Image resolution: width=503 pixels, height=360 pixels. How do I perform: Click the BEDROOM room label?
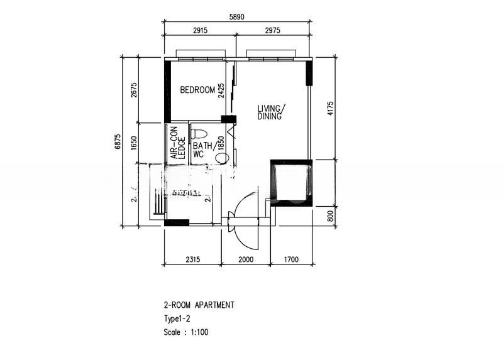pyautogui.click(x=197, y=90)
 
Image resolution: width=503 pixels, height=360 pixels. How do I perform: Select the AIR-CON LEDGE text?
pyautogui.click(x=177, y=143)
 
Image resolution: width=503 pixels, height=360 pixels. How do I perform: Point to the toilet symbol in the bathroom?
pyautogui.click(x=199, y=134)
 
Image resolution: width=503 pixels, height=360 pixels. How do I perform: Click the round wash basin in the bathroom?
pyautogui.click(x=221, y=157)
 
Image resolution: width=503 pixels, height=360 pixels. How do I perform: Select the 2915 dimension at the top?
pyautogui.click(x=200, y=30)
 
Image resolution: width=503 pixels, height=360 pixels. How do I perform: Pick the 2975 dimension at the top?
pyautogui.click(x=274, y=30)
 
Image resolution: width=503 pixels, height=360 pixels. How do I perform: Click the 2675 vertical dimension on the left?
pyautogui.click(x=133, y=90)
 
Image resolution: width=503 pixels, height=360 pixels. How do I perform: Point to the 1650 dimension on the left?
pyautogui.click(x=133, y=143)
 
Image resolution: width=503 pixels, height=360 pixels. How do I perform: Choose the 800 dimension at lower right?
pyautogui.click(x=331, y=217)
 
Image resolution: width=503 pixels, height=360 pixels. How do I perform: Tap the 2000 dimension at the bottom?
pyautogui.click(x=246, y=259)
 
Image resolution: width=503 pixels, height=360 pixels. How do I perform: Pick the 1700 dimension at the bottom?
pyautogui.click(x=292, y=259)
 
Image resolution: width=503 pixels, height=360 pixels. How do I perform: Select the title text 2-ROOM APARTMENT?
pyautogui.click(x=199, y=305)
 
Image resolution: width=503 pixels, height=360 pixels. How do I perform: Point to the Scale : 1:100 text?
pyautogui.click(x=185, y=332)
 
